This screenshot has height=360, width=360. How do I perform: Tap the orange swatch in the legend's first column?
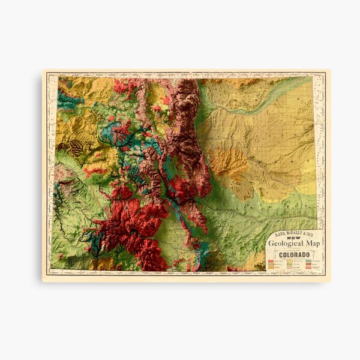272,266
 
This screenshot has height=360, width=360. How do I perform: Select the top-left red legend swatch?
272,261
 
